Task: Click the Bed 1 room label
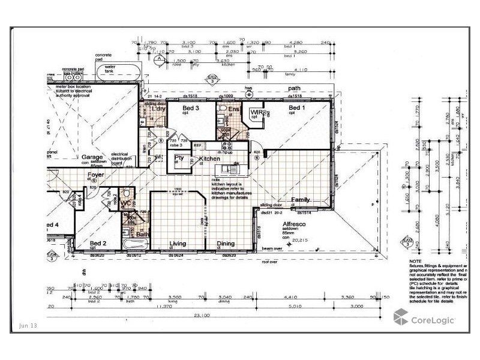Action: [295, 109]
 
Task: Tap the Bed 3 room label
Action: [191, 109]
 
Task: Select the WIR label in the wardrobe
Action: [257, 112]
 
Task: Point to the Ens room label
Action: [234, 109]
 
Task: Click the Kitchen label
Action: [209, 158]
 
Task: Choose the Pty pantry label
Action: [179, 158]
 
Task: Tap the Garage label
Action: [84, 157]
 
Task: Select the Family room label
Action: [300, 199]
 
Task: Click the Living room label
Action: [178, 244]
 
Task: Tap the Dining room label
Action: [226, 244]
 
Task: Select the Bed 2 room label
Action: [97, 243]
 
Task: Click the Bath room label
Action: [142, 235]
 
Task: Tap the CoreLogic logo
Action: [424, 319]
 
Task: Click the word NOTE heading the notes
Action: [416, 262]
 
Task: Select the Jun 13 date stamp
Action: [28, 325]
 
